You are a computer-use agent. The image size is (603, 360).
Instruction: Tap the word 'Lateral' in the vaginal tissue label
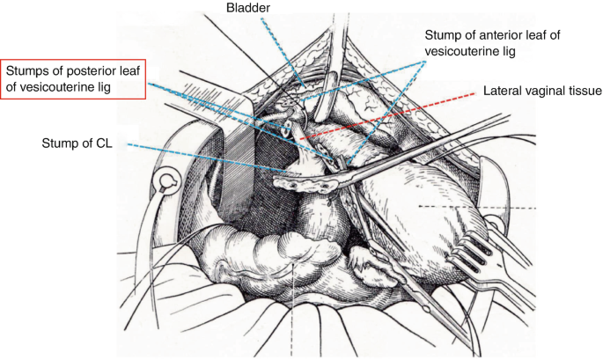point(504,90)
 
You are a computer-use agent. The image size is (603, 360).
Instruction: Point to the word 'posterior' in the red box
point(86,70)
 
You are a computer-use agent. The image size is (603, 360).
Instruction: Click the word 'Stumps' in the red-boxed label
point(29,70)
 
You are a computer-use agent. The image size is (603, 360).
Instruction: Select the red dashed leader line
point(387,115)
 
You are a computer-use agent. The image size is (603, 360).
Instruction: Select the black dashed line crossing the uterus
point(475,206)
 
